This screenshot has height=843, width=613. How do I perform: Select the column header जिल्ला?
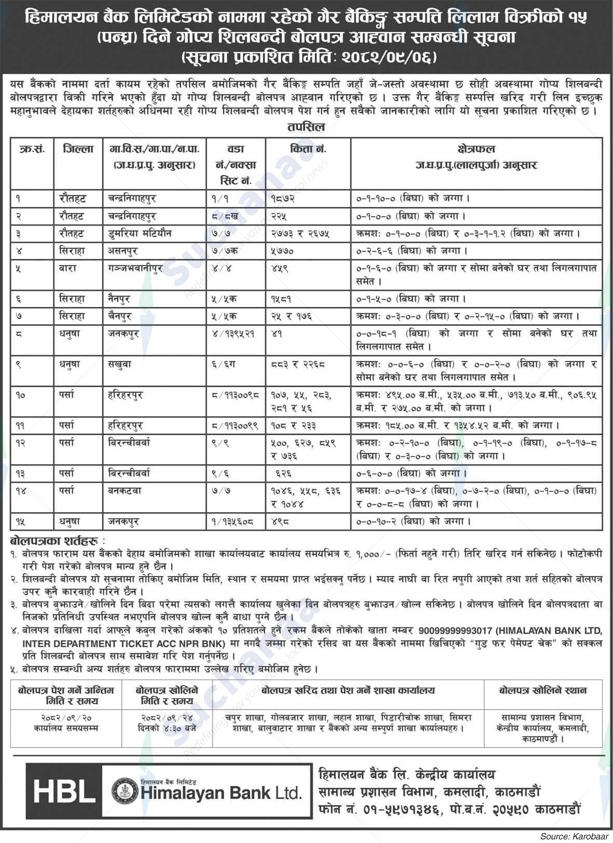click(x=78, y=149)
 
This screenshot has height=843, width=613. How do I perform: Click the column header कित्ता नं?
click(x=308, y=149)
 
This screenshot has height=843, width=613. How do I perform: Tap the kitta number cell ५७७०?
click(x=283, y=251)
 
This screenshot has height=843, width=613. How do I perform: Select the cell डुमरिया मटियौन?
click(x=137, y=233)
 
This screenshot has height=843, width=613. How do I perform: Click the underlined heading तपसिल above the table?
click(x=306, y=127)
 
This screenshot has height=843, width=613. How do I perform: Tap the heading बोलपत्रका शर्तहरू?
click(x=56, y=540)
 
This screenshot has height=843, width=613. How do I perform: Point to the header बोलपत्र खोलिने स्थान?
click(x=542, y=691)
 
